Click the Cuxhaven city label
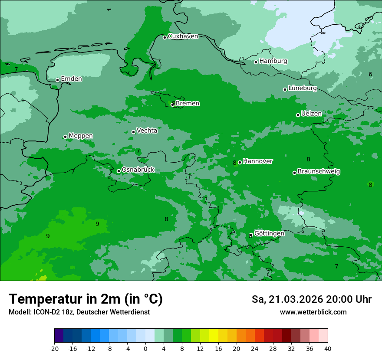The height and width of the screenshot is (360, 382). tap(183, 36)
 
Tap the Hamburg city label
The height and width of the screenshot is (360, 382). tap(273, 61)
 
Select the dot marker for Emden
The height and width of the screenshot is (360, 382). tap(57, 80)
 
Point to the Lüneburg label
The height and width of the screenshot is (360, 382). tap(303, 88)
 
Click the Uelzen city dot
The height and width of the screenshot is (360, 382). tap(298, 115)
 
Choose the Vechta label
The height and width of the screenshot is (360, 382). tap(147, 131)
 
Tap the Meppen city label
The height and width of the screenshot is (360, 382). tap(81, 136)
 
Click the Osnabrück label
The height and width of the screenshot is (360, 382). tap(138, 170)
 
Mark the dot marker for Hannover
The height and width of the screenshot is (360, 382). tap(240, 162)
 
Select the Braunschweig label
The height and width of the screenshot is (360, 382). tap(319, 172)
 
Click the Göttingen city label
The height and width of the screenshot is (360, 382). tap(269, 234)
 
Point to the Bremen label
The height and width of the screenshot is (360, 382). tap(188, 104)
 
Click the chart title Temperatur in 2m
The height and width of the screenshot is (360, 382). tap(86, 299)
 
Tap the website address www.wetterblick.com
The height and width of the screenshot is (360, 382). tap(313, 312)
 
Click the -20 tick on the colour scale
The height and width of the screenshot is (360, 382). tap(54, 349)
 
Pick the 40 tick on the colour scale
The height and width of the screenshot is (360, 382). tap(328, 349)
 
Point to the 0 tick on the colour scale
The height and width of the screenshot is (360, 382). tap(145, 349)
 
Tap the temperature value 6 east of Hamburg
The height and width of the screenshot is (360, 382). tap(370, 75)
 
